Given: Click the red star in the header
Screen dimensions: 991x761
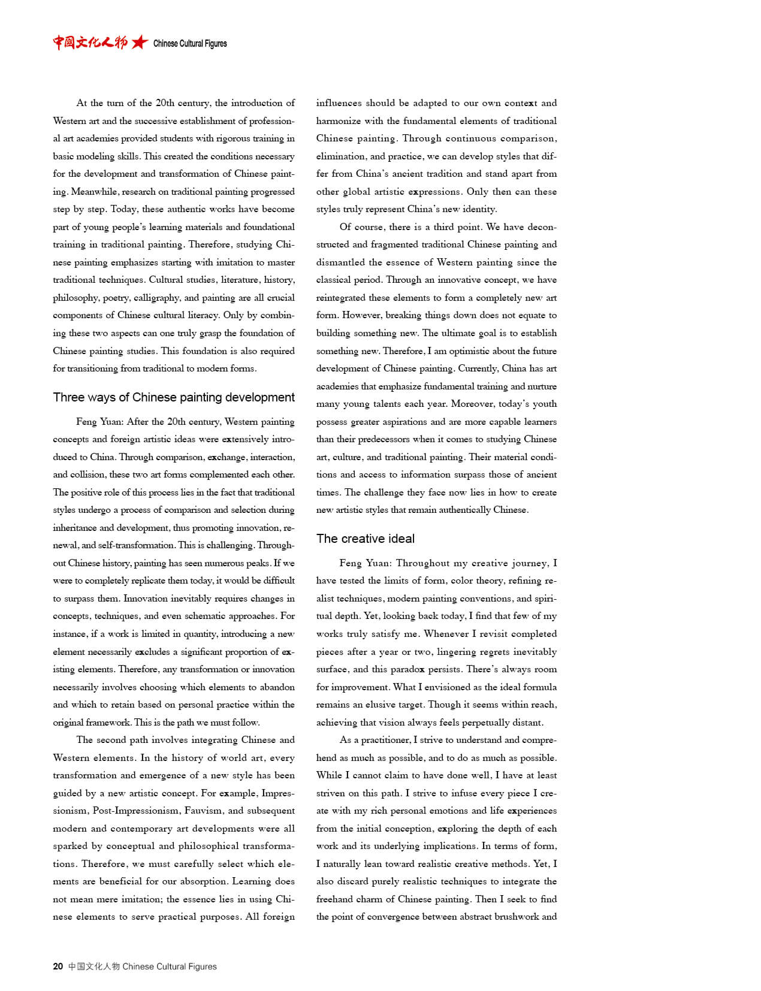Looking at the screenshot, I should tap(140, 43).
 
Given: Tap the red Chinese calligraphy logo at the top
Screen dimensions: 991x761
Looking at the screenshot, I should tap(90, 43).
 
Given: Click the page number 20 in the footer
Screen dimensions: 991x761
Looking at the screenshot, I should tap(58, 966).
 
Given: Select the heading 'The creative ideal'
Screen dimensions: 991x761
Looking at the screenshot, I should tap(366, 539).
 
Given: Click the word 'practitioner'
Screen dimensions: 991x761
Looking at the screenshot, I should tap(383, 739).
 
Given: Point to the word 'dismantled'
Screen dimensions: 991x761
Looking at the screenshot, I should tap(340, 262).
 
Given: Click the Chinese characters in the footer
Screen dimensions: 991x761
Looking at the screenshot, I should tap(94, 966).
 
